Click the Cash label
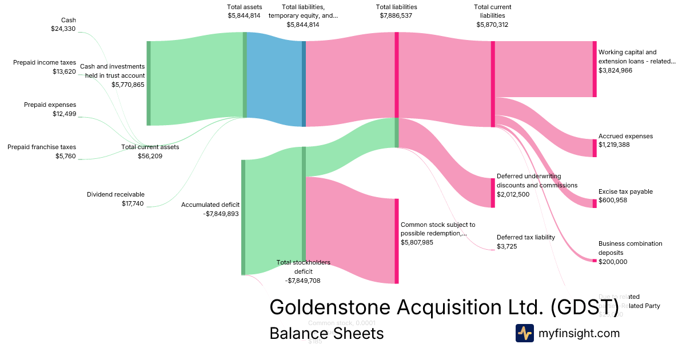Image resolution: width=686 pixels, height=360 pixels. (x=68, y=20)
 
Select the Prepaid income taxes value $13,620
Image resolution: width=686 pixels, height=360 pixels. (x=64, y=71)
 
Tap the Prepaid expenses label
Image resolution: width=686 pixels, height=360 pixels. (x=50, y=105)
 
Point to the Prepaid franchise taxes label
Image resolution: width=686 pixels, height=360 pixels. (x=42, y=147)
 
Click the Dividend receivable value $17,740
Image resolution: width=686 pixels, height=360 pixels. (x=133, y=203)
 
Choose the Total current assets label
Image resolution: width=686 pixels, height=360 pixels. (x=150, y=147)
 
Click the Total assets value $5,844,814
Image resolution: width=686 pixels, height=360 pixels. (x=244, y=16)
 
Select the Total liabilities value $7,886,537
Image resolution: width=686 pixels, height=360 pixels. (x=396, y=16)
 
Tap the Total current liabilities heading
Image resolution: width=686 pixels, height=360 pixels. (x=492, y=11)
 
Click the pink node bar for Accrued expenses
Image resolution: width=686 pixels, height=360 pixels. (x=595, y=148)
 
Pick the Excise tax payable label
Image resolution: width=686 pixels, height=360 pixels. (x=625, y=191)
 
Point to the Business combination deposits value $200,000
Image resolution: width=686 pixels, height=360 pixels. (x=613, y=262)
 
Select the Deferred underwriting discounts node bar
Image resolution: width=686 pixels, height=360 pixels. (x=493, y=193)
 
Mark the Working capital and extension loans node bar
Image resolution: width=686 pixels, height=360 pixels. (x=595, y=69)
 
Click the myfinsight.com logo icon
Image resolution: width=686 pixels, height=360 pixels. (x=524, y=333)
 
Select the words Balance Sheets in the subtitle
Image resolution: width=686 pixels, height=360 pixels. (x=326, y=333)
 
